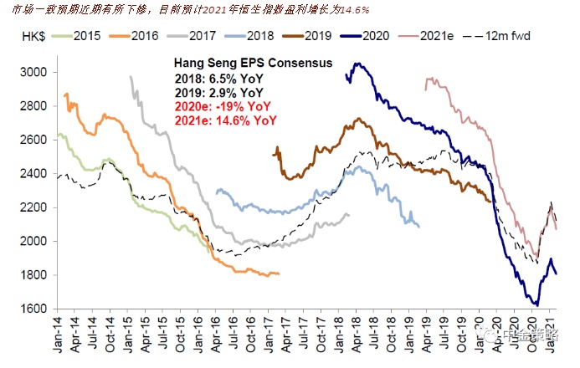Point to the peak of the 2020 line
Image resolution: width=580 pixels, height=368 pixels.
(357, 63)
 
